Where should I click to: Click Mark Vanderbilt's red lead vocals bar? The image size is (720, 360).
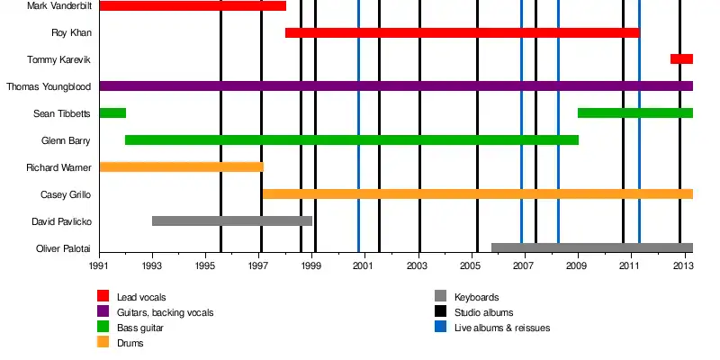[192, 6]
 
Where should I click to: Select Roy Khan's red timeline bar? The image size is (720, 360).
[462, 33]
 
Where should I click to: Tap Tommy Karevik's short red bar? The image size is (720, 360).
[681, 59]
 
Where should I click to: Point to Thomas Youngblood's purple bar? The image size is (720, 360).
[396, 86]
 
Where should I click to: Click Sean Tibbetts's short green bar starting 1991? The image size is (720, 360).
[112, 113]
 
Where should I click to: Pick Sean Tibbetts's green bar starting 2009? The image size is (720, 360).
[634, 113]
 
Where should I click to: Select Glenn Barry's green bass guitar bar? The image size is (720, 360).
[351, 140]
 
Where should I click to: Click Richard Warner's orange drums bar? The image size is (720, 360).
[181, 167]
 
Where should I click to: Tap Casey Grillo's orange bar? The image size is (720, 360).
[477, 194]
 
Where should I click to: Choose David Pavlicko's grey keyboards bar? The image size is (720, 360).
[232, 221]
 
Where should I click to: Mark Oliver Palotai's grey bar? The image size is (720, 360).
[591, 247]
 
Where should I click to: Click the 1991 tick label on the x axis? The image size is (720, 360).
[99, 266]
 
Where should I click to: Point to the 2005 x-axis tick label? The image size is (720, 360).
[471, 266]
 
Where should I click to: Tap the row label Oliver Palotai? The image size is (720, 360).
[63, 248]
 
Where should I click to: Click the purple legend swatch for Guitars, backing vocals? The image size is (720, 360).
[103, 312]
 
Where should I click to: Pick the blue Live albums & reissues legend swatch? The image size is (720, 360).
[440, 328]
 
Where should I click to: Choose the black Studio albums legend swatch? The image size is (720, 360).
[440, 312]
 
